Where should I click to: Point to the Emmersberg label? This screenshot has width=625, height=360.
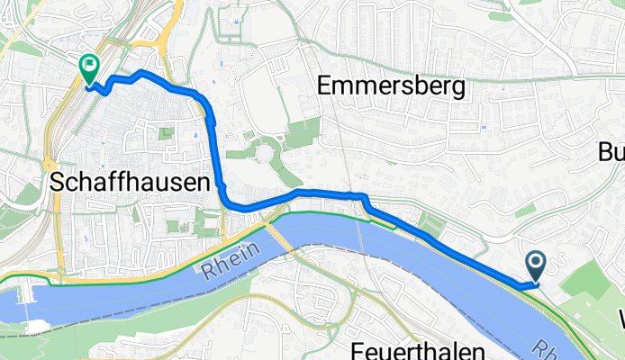tap(392, 86)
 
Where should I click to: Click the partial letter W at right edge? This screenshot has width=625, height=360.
tap(620, 318)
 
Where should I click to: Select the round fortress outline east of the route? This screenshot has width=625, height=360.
tap(265, 155)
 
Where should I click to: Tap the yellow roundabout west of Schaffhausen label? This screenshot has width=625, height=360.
tap(46, 165)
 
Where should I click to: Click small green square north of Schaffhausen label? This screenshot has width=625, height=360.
tap(166, 134)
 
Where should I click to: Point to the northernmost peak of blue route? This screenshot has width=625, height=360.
tap(142, 70)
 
